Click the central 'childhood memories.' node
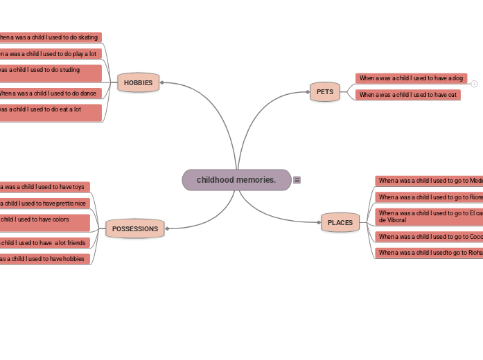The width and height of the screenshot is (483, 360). (236, 180)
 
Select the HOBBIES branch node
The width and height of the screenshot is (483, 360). (138, 82)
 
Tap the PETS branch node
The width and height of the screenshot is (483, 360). (324, 91)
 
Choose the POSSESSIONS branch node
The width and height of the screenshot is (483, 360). (135, 228)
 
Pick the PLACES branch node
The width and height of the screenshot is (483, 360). (340, 222)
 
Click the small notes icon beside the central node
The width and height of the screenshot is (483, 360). (297, 180)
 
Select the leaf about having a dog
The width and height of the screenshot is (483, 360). (411, 78)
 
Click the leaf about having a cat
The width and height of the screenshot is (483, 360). (407, 95)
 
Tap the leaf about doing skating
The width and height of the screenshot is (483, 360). (50, 37)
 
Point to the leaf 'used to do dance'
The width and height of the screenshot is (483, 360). (50, 93)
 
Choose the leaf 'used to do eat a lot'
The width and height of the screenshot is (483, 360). (50, 112)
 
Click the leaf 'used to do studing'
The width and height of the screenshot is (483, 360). (50, 73)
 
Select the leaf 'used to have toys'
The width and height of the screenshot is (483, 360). (44, 187)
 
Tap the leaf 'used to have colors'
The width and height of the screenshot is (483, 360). (44, 222)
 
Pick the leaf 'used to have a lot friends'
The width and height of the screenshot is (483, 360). (44, 243)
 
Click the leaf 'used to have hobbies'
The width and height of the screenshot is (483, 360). (44, 259)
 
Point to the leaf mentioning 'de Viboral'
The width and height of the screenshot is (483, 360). (428, 217)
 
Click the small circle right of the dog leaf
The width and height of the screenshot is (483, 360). (474, 84)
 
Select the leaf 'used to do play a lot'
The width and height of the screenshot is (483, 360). (50, 53)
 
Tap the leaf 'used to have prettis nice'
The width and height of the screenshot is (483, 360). (44, 204)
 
